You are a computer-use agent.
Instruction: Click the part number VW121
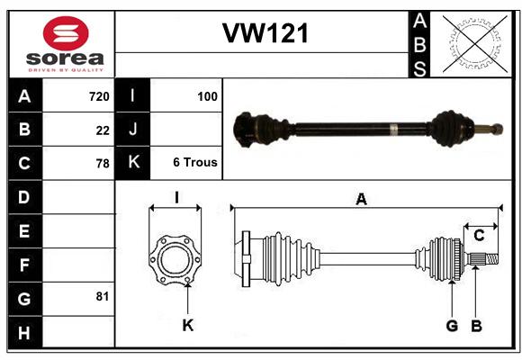click(x=265, y=33)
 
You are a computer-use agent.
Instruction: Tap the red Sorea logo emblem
click(x=66, y=33)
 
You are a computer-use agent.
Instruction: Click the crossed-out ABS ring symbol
click(x=475, y=44)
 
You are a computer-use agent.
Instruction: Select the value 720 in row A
click(x=99, y=96)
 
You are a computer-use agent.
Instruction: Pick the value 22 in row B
click(x=103, y=130)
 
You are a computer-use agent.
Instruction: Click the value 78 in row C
click(x=103, y=164)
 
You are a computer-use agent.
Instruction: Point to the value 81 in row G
click(x=103, y=296)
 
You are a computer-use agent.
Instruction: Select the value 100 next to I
click(x=207, y=96)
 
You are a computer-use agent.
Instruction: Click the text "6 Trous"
click(x=195, y=162)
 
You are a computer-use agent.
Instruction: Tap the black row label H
click(x=24, y=332)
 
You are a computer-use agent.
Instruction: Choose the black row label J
click(x=132, y=129)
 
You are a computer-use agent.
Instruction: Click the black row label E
click(x=24, y=230)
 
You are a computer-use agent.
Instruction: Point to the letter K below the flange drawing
click(x=188, y=326)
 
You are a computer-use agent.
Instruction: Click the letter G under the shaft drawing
click(x=452, y=326)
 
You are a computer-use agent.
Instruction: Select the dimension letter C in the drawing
click(x=479, y=236)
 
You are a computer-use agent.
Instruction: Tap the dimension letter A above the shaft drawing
click(x=361, y=199)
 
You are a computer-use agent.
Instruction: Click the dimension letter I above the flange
click(x=176, y=197)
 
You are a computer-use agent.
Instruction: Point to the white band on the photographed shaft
click(x=394, y=130)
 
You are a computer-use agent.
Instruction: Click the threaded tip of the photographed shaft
click(x=497, y=129)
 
